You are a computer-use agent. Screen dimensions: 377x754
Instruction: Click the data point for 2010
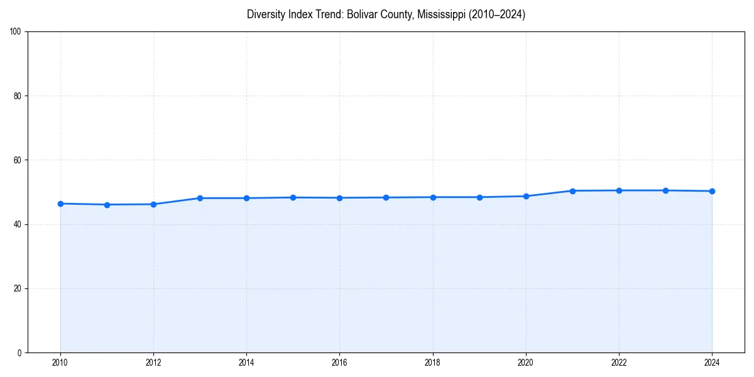[60, 204]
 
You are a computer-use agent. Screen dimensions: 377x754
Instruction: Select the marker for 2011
[107, 205]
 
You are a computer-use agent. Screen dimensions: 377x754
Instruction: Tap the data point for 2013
[200, 198]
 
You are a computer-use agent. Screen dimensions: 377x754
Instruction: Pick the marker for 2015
[293, 197]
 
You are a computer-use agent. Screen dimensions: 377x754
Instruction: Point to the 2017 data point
[386, 197]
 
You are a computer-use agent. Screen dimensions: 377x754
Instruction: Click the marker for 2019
[479, 197]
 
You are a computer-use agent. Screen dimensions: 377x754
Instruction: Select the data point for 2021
[572, 190]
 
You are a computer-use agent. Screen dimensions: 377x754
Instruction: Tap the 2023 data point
[665, 190]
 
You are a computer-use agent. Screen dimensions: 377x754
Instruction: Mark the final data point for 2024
[712, 191]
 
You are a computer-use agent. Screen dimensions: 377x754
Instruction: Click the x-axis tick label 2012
[153, 363]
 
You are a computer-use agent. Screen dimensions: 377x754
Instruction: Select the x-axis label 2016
[339, 363]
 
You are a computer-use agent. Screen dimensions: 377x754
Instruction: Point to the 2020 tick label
[526, 363]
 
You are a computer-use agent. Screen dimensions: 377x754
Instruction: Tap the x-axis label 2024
[712, 363]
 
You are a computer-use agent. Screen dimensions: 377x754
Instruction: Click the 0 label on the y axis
[20, 352]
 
